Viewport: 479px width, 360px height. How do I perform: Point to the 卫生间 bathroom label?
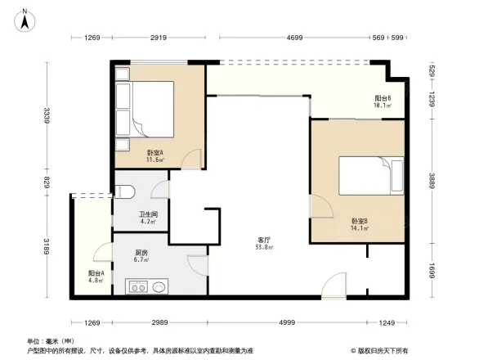pyautogui.click(x=147, y=218)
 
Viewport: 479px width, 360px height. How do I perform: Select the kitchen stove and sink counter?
pyautogui.click(x=147, y=286)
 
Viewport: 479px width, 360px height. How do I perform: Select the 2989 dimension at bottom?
pyautogui.click(x=160, y=323)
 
